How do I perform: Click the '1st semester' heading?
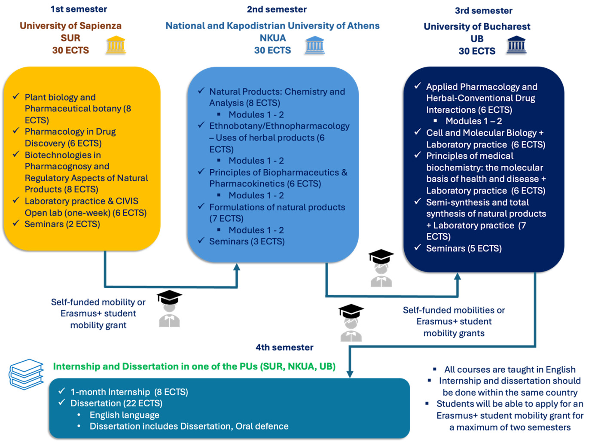click(79, 9)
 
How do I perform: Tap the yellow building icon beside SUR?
click(116, 45)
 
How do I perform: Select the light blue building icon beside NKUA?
click(315, 45)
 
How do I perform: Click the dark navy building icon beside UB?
click(516, 45)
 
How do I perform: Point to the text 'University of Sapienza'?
click(70, 26)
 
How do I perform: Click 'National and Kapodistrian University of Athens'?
click(272, 26)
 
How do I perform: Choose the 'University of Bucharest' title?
click(477, 27)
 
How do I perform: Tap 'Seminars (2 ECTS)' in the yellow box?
click(62, 224)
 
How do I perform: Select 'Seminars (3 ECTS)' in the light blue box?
click(247, 241)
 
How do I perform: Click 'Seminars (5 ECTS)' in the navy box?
click(464, 248)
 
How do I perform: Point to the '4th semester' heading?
click(284, 347)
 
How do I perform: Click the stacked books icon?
click(26, 374)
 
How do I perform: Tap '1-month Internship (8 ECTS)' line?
click(129, 392)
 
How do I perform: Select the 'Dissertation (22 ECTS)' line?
click(116, 403)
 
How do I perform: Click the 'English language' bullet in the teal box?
click(124, 415)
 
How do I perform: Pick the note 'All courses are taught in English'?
click(510, 369)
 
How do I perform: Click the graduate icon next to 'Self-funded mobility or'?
click(169, 308)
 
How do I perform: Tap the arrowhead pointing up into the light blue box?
click(236, 267)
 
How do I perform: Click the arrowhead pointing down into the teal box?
click(350, 374)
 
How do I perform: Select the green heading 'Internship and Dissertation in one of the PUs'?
click(194, 366)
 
